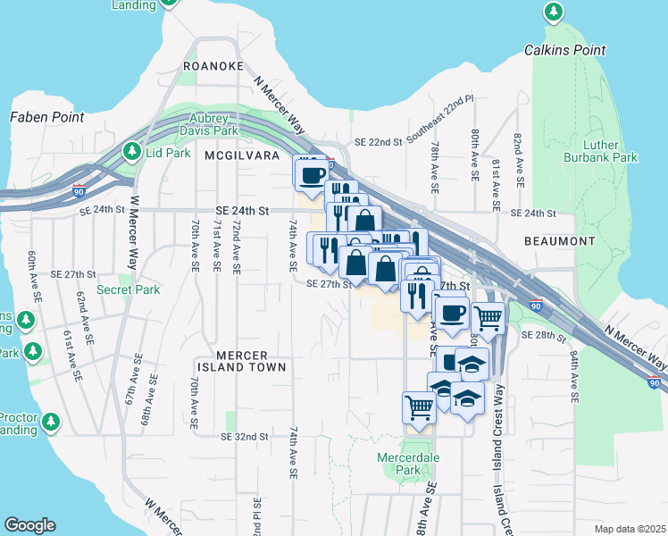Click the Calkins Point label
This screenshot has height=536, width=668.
tap(564, 51)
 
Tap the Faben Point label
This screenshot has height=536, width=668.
tap(46, 117)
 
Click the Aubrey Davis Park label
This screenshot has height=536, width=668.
tap(213, 124)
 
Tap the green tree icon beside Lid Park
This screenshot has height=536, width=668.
tap(132, 153)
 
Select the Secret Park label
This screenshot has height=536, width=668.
tap(128, 289)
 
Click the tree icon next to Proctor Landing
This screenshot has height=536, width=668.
tap(51, 421)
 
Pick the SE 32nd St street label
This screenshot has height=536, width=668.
tap(245, 437)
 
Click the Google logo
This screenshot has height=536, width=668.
tap(29, 525)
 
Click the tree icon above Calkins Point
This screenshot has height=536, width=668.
tap(555, 13)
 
